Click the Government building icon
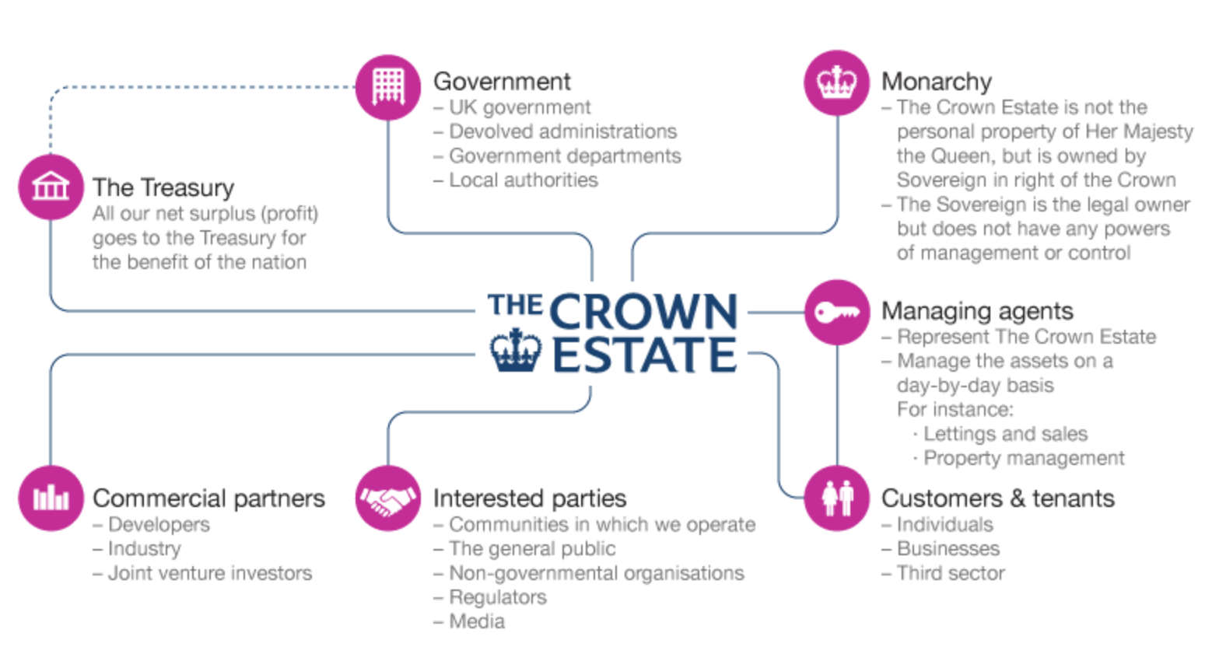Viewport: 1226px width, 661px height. [388, 87]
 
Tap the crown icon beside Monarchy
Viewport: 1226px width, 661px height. [836, 83]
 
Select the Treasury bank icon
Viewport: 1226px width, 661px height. [51, 187]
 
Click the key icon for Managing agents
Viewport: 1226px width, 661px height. [836, 312]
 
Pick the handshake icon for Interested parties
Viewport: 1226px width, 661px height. [388, 498]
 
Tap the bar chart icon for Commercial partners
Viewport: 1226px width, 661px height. [51, 498]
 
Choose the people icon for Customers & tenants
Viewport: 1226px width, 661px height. [836, 498]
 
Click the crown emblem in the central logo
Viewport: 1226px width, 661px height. [516, 350]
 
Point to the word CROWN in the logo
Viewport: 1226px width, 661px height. [643, 312]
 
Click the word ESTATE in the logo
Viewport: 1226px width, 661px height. [643, 355]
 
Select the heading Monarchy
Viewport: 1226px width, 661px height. [937, 82]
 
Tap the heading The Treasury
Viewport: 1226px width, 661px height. [163, 187]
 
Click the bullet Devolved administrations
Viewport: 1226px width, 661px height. [562, 131]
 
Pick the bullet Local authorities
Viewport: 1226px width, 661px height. [523, 180]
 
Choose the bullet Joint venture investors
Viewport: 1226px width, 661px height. [209, 573]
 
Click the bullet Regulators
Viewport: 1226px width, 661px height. [498, 597]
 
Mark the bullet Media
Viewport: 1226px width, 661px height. [477, 621]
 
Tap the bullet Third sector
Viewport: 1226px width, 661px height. [951, 573]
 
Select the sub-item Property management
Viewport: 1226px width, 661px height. [1024, 458]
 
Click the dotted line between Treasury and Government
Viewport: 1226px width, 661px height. [202, 87]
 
